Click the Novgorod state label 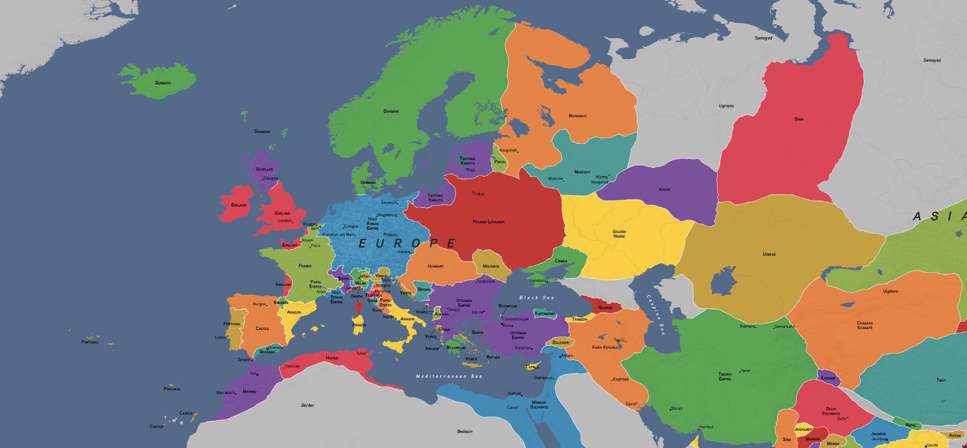coord(577,116)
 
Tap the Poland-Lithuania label coord(488,222)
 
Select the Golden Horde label coord(619,234)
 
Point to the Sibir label coord(799,119)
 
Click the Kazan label coord(665,189)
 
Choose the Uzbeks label coord(769,254)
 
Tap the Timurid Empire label coord(725,376)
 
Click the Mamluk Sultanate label coord(539,405)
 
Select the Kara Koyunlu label coord(605,347)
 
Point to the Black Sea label coord(536,298)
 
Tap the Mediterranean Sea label coord(449,376)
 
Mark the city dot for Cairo coord(518,407)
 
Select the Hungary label coord(435,266)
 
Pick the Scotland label coord(264,169)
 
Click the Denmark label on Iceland coord(163,83)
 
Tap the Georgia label coord(605,308)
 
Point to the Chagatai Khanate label coord(864,325)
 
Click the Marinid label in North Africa coord(249,391)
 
